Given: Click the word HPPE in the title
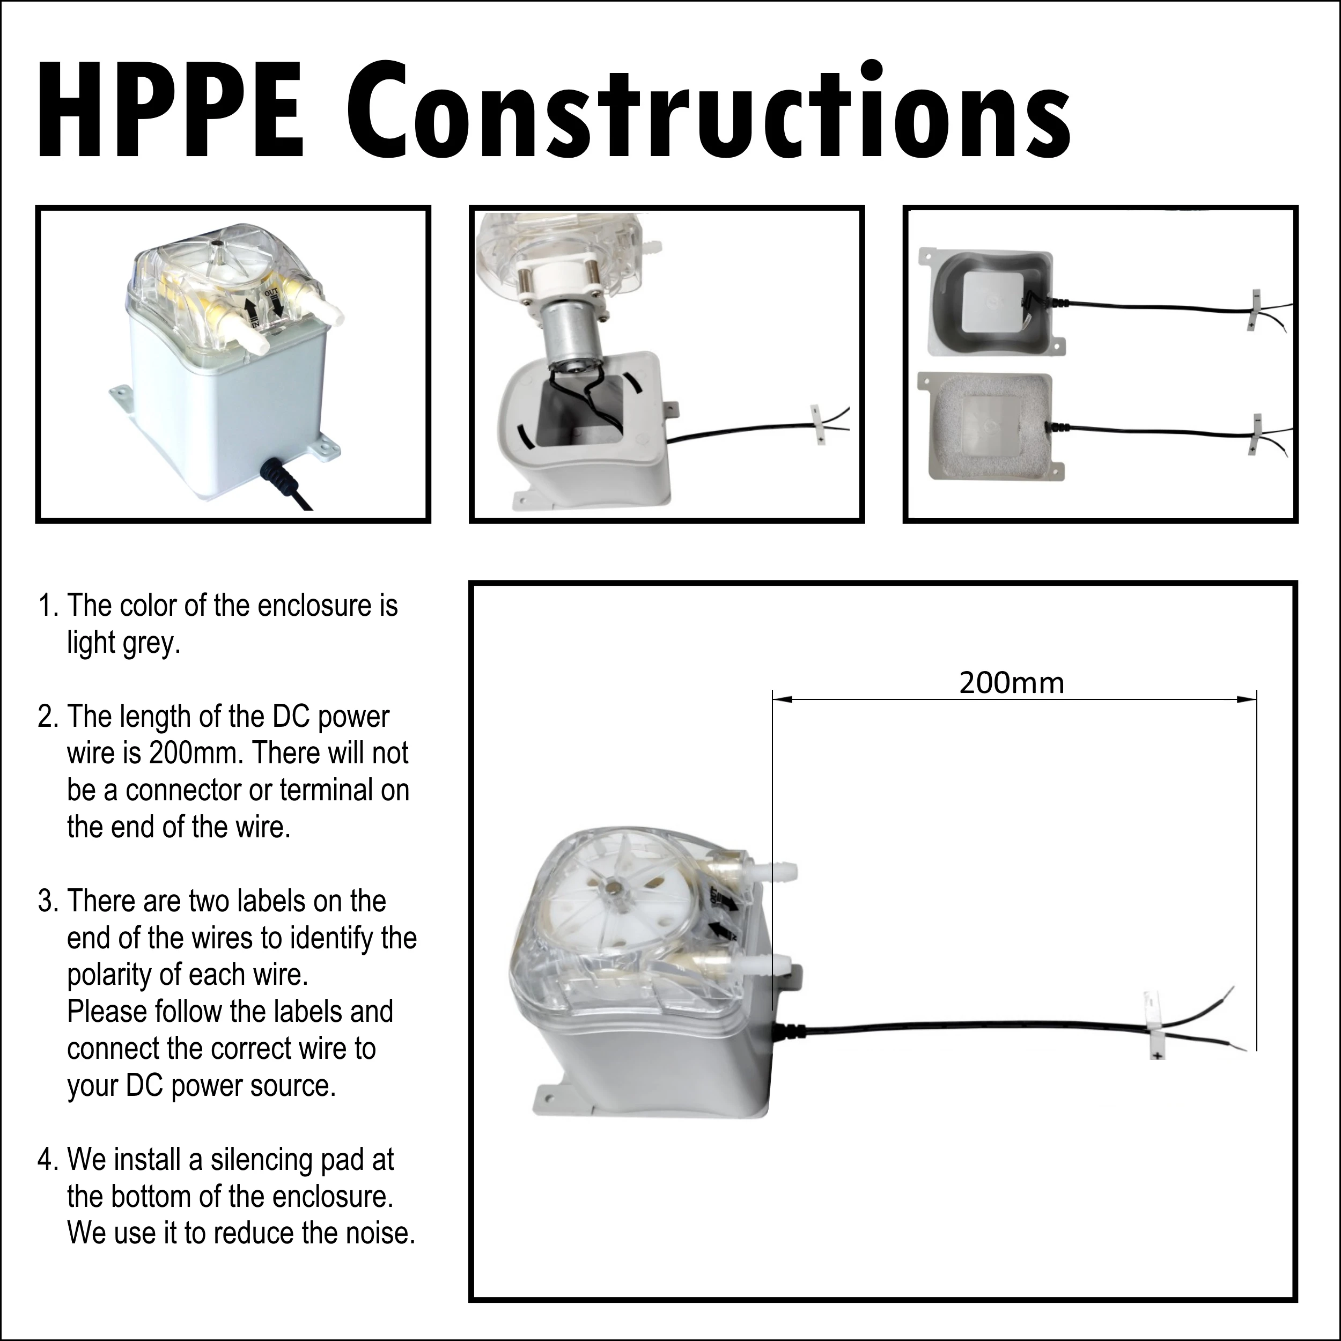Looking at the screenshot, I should coord(170,111).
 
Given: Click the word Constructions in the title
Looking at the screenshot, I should coord(708,111).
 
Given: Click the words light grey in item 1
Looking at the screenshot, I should coord(123,643).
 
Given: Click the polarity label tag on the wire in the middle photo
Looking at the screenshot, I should coord(819,424).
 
